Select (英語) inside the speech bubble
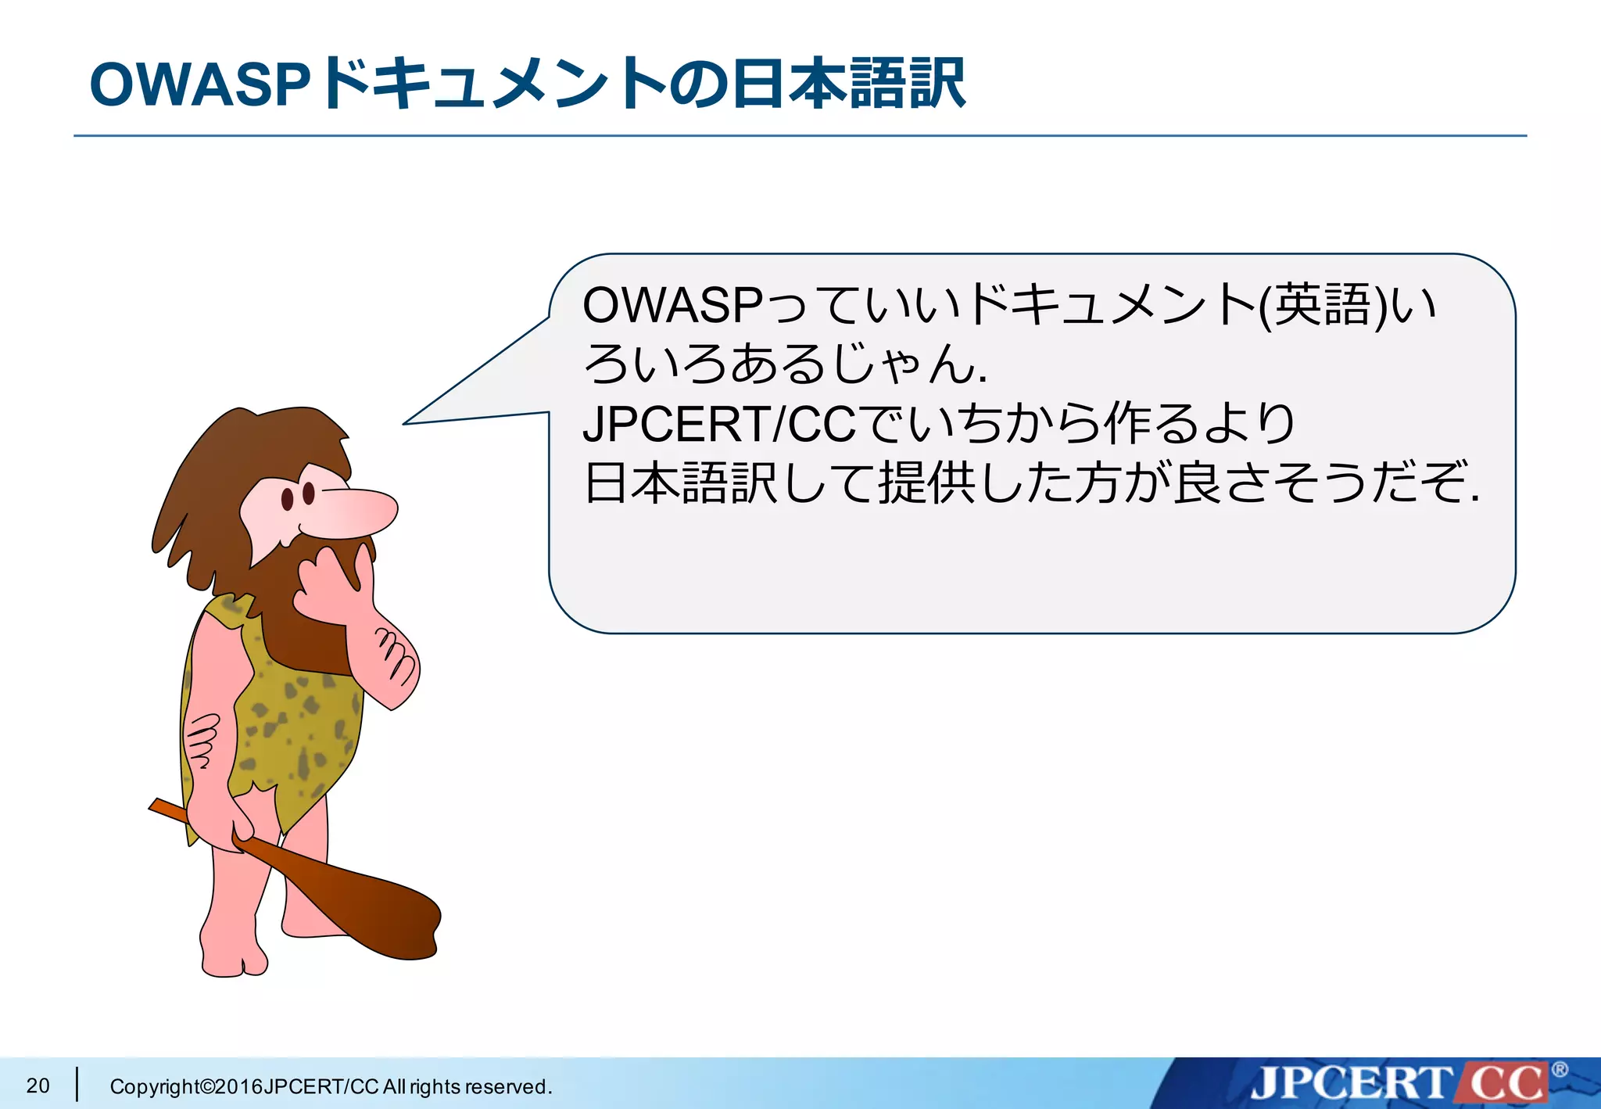point(1323,306)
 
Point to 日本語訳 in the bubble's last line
point(680,483)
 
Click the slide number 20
point(38,1086)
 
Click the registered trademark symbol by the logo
point(1560,1070)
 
